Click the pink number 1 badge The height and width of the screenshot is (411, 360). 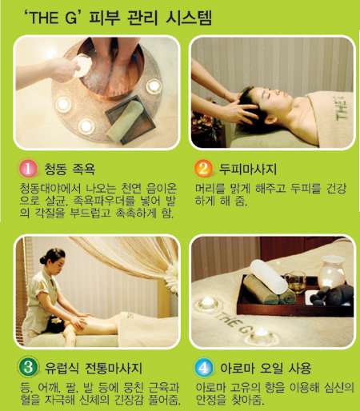point(28,169)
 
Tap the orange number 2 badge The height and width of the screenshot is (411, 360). point(203,169)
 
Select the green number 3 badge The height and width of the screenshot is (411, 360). point(28,368)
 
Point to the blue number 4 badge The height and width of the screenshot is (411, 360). point(203,368)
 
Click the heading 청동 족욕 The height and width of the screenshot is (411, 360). point(70,169)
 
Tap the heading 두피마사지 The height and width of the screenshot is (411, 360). point(248,169)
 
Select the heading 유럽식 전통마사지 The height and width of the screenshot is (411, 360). point(94,368)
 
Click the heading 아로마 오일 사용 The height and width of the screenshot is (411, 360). point(266,368)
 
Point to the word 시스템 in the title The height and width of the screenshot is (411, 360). point(189,18)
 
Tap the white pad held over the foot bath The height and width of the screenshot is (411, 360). point(82,66)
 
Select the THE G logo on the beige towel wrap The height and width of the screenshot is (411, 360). point(341,108)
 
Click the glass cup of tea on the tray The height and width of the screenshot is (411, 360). point(295,282)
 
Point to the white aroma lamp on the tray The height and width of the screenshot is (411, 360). point(330,272)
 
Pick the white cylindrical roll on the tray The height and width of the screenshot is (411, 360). point(268,277)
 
